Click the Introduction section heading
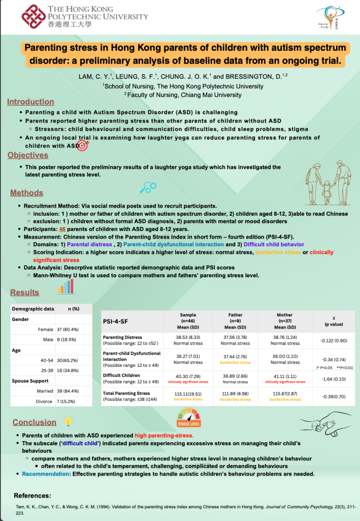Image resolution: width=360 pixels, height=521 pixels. pyautogui.click(x=31, y=102)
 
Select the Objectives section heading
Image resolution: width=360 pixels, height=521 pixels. pyautogui.click(x=28, y=155)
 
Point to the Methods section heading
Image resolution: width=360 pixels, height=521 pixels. pyautogui.click(x=26, y=193)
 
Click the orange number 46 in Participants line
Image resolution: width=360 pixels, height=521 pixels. pyautogui.click(x=63, y=229)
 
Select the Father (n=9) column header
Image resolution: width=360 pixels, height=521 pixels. pyautogui.click(x=235, y=321)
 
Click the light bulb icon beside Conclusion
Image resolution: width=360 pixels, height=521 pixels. pyautogui.click(x=67, y=421)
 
